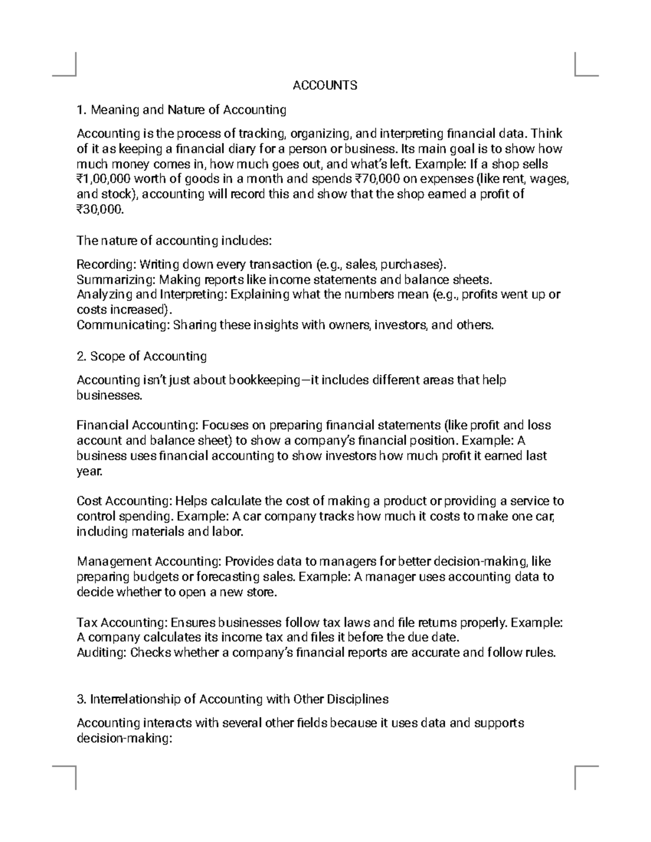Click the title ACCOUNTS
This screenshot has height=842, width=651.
325,85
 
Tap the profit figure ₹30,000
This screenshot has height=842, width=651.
100,210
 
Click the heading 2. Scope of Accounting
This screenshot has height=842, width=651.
142,356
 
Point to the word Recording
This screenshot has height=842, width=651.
105,265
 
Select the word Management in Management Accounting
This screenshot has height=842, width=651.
114,562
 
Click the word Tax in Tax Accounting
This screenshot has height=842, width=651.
87,622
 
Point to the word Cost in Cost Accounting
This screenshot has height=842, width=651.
89,501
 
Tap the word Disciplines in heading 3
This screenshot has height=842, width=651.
356,699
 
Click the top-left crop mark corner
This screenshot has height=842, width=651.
75,75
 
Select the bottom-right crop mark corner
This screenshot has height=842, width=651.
576,767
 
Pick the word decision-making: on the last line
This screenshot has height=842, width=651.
124,738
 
